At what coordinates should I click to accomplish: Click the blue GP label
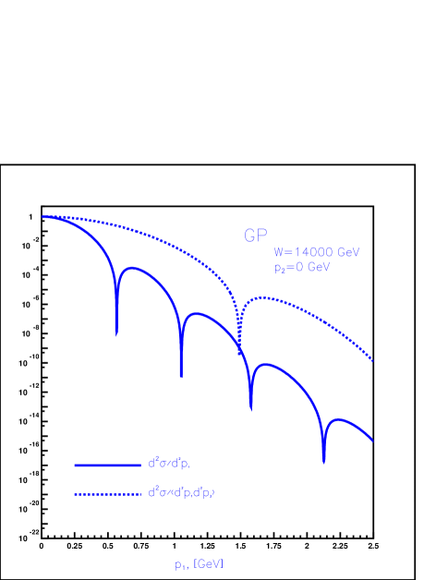[x=255, y=236]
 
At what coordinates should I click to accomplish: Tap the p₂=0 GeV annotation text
[x=302, y=268]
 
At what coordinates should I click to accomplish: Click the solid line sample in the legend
[x=106, y=464]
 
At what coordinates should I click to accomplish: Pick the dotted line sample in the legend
[x=106, y=494]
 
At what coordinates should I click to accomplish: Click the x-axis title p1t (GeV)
[x=199, y=563]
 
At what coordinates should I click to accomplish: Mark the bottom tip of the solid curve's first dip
[x=115, y=333]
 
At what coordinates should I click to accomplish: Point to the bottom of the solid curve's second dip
[x=180, y=376]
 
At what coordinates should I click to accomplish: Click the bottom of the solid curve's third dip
[x=250, y=409]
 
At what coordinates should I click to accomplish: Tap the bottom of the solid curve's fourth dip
[x=323, y=462]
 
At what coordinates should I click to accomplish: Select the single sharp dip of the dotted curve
[x=239, y=352]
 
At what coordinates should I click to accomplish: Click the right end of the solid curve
[x=373, y=441]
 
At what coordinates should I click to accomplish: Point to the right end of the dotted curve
[x=373, y=361]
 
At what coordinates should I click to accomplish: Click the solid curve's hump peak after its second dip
[x=197, y=314]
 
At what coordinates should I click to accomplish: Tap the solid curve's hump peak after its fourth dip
[x=339, y=418]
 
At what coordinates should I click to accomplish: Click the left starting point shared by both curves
[x=42, y=217]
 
